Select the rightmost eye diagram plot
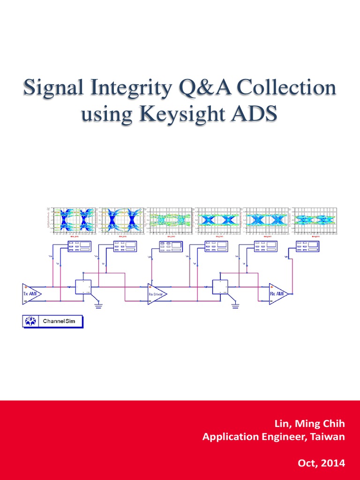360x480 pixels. coord(315,219)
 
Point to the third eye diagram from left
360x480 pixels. coord(170,219)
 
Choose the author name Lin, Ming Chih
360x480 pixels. coord(309,424)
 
